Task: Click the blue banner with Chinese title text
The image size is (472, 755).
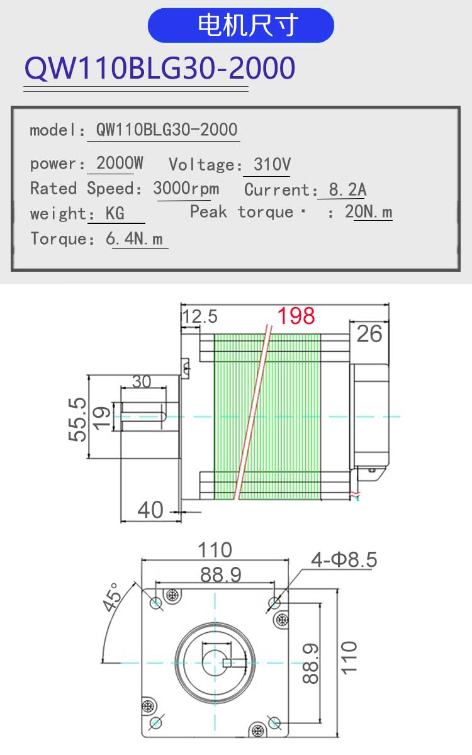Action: click(x=240, y=25)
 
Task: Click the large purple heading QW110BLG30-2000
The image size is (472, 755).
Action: click(x=160, y=69)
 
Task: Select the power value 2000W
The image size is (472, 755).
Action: click(x=120, y=163)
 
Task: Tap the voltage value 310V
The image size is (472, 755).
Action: click(x=272, y=164)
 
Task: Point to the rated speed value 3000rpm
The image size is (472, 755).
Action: click(x=186, y=189)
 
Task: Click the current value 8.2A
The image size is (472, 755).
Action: click(x=347, y=189)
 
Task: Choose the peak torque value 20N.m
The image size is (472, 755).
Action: click(x=369, y=212)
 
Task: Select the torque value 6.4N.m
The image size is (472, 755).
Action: click(x=134, y=239)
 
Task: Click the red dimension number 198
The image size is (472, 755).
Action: click(x=296, y=316)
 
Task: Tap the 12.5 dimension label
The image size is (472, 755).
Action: click(x=200, y=317)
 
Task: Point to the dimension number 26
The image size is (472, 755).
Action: click(x=369, y=334)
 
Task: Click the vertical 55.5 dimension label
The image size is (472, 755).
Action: click(x=77, y=420)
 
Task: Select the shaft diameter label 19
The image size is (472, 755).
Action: click(x=102, y=418)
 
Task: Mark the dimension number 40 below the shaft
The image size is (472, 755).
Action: click(x=150, y=510)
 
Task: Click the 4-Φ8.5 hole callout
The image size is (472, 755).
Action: click(x=344, y=559)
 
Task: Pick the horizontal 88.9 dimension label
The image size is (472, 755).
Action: click(x=221, y=574)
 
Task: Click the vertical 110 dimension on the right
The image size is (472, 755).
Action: click(x=349, y=658)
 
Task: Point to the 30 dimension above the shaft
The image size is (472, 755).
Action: click(x=142, y=381)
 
